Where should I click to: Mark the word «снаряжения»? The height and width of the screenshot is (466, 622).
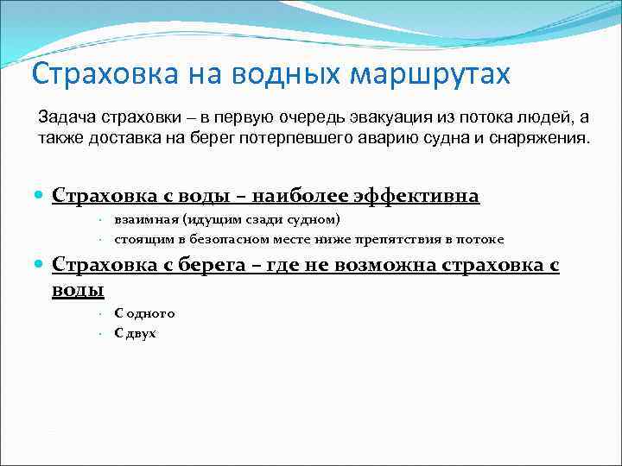[543, 137]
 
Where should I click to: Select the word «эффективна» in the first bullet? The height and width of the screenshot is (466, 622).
[418, 197]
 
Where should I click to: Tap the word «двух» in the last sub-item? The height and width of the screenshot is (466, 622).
[142, 332]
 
